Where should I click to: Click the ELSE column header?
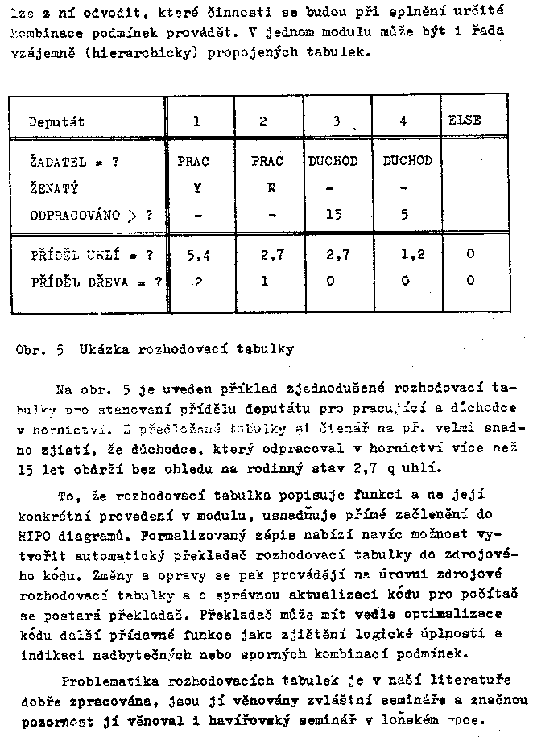click(x=465, y=120)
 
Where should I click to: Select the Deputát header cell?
click(x=57, y=122)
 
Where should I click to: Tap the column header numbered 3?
click(x=335, y=121)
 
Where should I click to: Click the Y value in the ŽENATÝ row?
click(x=196, y=188)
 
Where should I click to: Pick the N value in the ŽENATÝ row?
click(x=271, y=188)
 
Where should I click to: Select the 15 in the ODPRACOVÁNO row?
click(x=335, y=215)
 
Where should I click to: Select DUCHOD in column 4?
click(x=407, y=161)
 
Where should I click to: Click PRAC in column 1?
click(x=193, y=161)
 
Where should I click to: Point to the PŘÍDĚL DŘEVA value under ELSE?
click(x=469, y=281)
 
